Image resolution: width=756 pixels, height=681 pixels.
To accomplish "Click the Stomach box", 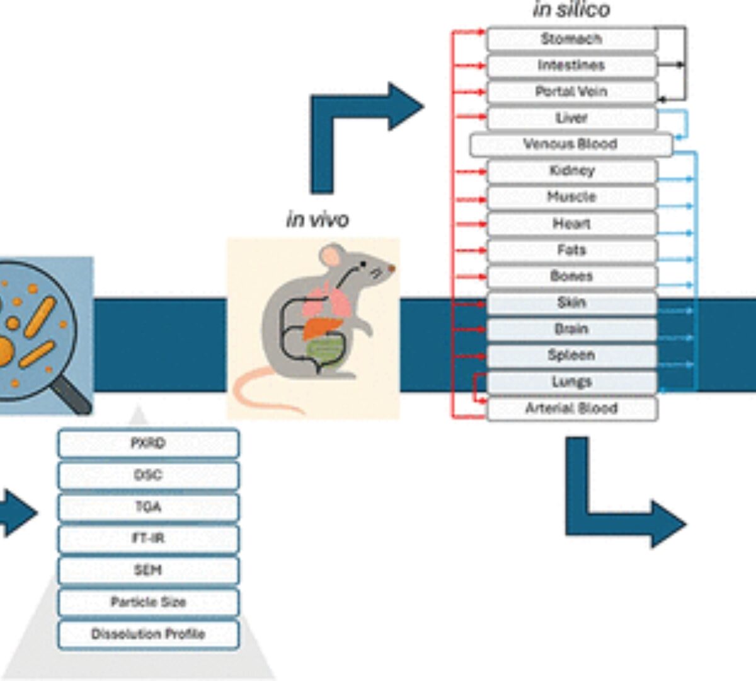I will click(x=571, y=39).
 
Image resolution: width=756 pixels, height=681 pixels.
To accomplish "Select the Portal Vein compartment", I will click(x=571, y=92).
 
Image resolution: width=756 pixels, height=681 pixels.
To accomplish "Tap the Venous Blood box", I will click(x=570, y=144).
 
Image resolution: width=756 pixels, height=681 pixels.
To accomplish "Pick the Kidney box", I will click(x=571, y=171).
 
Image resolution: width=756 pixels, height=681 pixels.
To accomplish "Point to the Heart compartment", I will click(x=571, y=224).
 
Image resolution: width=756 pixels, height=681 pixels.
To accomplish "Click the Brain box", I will click(x=571, y=329).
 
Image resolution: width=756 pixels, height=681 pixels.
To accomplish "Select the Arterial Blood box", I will click(x=571, y=409).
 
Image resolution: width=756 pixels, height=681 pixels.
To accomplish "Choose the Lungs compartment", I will click(x=571, y=382).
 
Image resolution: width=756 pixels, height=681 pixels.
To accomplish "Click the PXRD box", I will click(x=148, y=444).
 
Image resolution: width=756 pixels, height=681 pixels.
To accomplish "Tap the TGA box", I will click(x=148, y=507).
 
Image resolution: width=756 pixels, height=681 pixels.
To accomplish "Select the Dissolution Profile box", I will click(x=148, y=634).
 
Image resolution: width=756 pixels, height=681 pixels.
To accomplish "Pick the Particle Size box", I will click(x=148, y=602).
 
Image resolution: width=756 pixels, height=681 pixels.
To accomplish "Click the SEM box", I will click(x=148, y=571).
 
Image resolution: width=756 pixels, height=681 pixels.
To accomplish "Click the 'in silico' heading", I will click(x=571, y=10).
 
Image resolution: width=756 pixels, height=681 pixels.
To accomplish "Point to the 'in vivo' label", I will click(x=317, y=219).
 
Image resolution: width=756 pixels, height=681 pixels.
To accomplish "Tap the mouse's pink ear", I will click(x=331, y=256).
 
